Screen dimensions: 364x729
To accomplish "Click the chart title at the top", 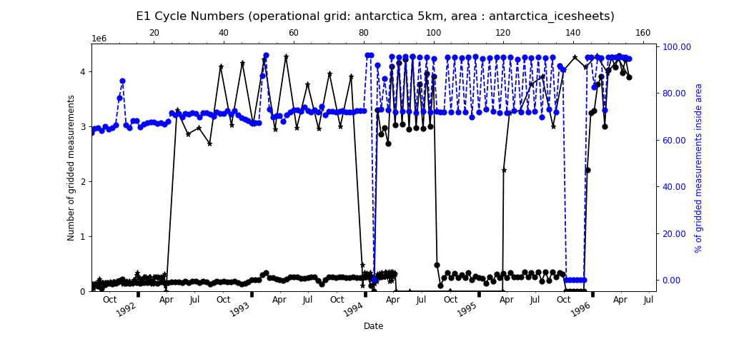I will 375,16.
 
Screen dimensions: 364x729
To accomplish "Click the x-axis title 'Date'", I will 373,326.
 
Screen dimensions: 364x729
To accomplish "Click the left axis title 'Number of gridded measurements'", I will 71,168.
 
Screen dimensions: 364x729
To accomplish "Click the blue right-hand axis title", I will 699,168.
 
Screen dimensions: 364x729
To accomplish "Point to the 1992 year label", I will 127,309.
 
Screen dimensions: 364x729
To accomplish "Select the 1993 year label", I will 240,309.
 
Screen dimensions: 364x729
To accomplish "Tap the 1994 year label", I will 354,309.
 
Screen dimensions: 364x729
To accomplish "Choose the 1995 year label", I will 467,309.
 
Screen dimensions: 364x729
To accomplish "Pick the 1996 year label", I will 580,309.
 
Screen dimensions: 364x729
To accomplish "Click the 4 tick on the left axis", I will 82,71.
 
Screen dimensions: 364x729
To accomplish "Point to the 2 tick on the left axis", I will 82,181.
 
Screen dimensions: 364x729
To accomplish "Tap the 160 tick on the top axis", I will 643,33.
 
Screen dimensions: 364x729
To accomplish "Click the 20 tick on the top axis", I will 154,33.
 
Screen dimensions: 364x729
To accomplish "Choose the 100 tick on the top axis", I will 434,33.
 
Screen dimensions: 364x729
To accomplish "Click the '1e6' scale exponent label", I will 99,39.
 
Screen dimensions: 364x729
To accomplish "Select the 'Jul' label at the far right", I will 648,300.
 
